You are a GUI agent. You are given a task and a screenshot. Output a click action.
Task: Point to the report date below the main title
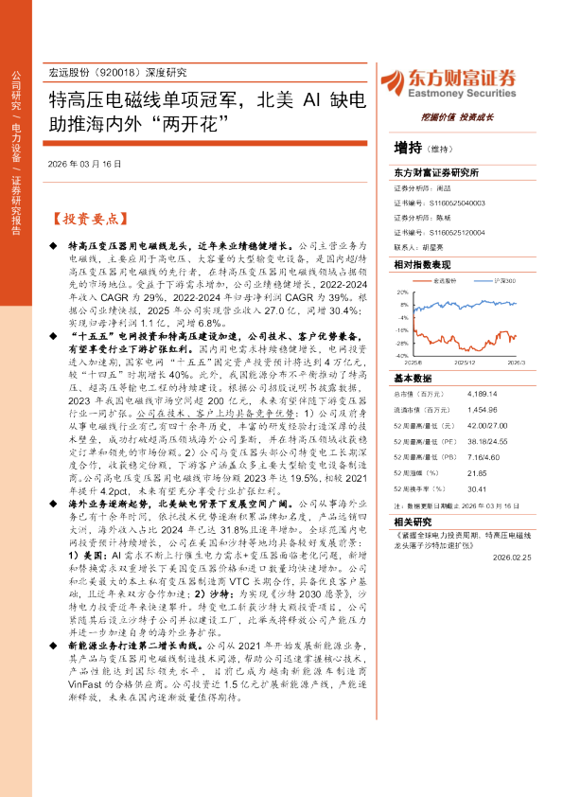click(x=84, y=163)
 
